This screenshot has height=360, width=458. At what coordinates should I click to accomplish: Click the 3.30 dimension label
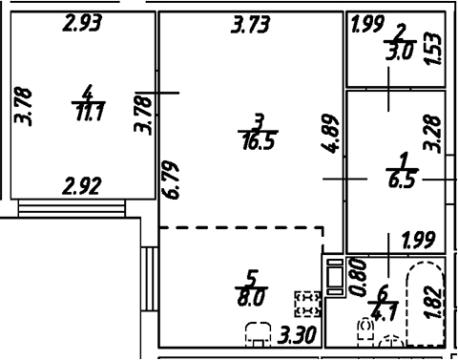[x=300, y=334]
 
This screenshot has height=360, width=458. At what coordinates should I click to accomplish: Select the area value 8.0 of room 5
[x=252, y=296]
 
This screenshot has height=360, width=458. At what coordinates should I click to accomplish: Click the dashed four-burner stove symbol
[x=307, y=304]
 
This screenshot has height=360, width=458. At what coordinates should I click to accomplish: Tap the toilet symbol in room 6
[x=365, y=330]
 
